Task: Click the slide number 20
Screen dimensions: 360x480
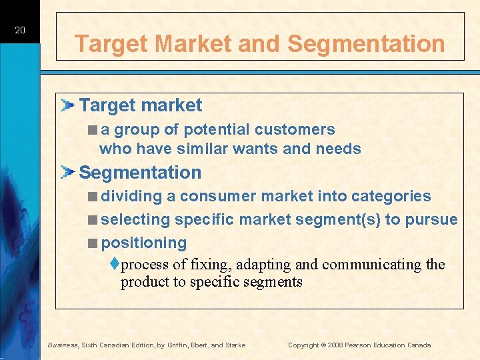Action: click(20, 30)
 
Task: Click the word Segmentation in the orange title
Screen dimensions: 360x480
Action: click(366, 44)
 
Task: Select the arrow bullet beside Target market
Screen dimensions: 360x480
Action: click(68, 105)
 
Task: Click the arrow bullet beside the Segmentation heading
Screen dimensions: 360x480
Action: click(68, 173)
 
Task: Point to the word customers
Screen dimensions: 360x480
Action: click(295, 129)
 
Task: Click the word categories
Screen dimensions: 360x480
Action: click(391, 196)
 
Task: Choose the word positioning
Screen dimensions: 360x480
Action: click(143, 243)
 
